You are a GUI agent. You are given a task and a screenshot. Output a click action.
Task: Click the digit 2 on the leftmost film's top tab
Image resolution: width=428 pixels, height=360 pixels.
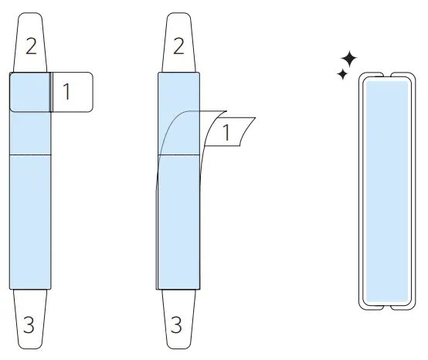tap(31, 46)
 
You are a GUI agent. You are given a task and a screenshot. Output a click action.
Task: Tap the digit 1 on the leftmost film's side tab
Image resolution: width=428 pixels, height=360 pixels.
tap(66, 91)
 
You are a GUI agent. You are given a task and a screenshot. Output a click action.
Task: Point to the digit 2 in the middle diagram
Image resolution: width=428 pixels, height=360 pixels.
tap(178, 46)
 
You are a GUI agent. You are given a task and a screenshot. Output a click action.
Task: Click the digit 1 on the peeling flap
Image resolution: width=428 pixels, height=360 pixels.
tap(226, 132)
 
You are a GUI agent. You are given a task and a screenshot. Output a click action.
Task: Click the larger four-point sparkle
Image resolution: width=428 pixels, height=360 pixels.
tap(349, 59)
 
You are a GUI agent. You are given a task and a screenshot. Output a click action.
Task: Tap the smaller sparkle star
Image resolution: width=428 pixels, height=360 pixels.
tap(341, 74)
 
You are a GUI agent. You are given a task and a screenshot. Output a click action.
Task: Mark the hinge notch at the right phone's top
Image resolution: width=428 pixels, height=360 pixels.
tap(386, 76)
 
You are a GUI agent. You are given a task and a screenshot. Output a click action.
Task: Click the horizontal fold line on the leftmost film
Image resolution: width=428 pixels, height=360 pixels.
tap(31, 155)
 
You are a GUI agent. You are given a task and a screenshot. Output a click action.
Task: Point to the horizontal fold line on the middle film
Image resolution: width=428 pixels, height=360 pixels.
tap(185, 155)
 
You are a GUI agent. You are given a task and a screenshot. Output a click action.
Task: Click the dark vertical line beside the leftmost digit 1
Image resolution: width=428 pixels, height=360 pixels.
tap(52, 92)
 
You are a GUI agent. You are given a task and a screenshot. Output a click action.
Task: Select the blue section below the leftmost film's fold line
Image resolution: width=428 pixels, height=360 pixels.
tap(31, 224)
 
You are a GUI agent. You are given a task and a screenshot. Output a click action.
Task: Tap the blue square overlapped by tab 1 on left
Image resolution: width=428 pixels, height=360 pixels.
tap(31, 92)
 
